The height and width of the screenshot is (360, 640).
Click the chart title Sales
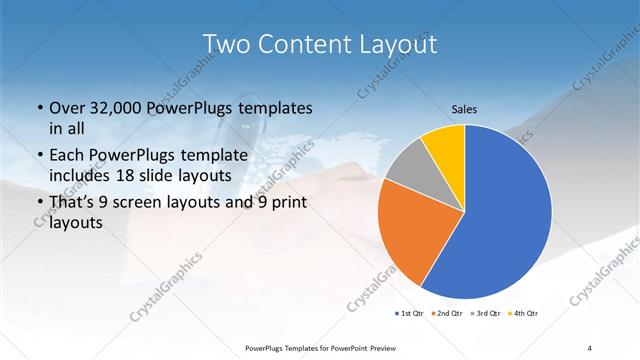tap(464, 109)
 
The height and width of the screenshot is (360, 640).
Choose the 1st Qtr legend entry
tap(410, 313)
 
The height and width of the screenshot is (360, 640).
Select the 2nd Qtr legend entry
tap(447, 313)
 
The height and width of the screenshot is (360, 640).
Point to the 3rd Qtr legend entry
tap(484, 313)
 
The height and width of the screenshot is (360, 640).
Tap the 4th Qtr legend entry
tap(521, 313)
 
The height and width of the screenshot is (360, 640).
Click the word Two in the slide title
tap(227, 44)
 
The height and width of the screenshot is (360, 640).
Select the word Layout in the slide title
tap(394, 44)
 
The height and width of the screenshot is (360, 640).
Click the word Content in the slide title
tap(304, 44)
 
